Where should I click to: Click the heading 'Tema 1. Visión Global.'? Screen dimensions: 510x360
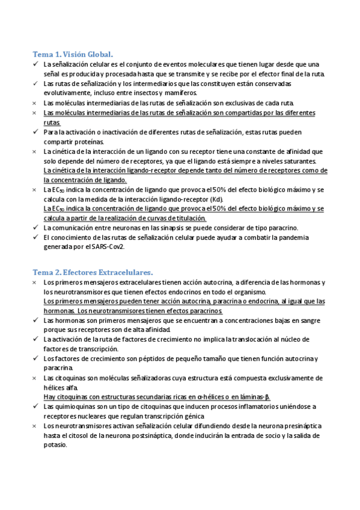(72, 54)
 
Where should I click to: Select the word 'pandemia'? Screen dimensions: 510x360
(310, 237)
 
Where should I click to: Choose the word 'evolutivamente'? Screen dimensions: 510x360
(68, 93)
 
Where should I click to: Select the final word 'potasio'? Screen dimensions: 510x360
(55, 445)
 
